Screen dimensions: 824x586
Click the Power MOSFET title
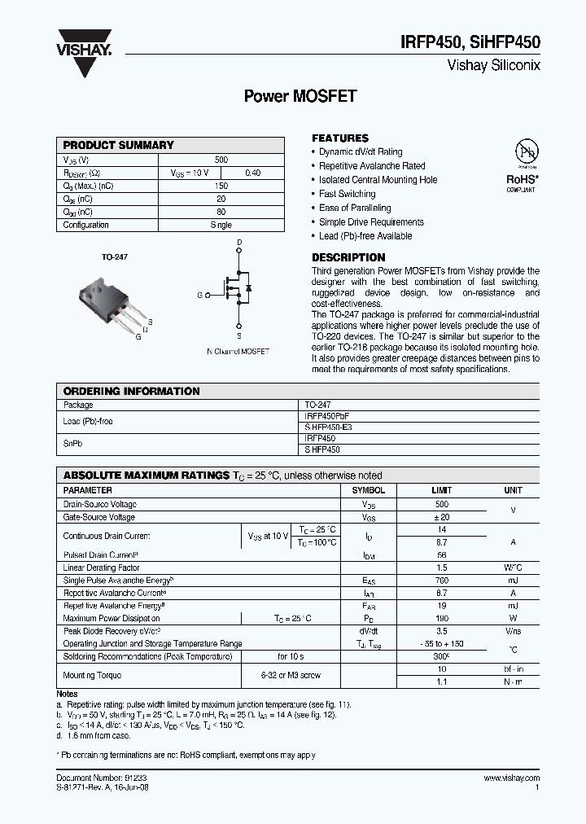click(300, 96)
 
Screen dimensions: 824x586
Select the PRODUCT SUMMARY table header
click(119, 145)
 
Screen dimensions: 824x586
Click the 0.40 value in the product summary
click(253, 173)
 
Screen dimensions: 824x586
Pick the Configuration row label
click(86, 225)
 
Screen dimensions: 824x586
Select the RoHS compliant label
click(521, 182)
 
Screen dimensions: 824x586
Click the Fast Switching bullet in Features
click(347, 194)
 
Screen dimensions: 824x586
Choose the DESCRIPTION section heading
click(348, 257)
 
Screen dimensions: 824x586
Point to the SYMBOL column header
click(368, 491)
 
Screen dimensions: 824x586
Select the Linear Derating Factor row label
click(102, 568)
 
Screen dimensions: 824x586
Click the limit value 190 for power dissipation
click(441, 619)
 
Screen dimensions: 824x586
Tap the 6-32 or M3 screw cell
click(291, 675)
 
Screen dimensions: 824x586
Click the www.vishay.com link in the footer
click(510, 778)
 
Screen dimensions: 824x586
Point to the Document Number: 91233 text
click(102, 778)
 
